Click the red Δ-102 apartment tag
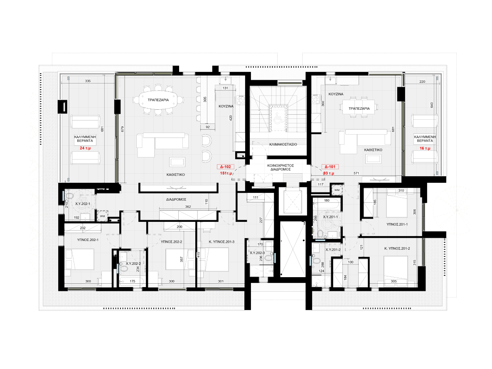click(225, 167)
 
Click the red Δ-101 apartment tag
click(330, 167)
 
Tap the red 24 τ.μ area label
click(85, 148)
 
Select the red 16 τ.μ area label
click(425, 148)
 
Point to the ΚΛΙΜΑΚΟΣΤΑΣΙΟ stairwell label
click(283, 144)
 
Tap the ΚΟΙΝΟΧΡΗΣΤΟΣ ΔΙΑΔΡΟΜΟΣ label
click(280, 167)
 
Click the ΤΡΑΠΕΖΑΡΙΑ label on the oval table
click(158, 100)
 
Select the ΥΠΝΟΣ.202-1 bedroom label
click(88, 240)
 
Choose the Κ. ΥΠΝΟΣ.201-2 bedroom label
click(397, 248)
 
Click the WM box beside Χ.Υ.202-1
click(102, 216)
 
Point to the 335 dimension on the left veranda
click(88, 81)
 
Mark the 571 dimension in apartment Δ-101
click(356, 173)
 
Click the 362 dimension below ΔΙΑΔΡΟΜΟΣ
click(188, 207)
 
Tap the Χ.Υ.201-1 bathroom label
click(330, 217)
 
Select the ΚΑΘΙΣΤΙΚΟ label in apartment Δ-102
click(176, 175)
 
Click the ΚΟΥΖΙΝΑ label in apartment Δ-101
click(336, 94)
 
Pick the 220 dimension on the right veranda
click(422, 81)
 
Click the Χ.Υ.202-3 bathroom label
click(257, 253)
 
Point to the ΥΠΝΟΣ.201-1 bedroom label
click(397, 224)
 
